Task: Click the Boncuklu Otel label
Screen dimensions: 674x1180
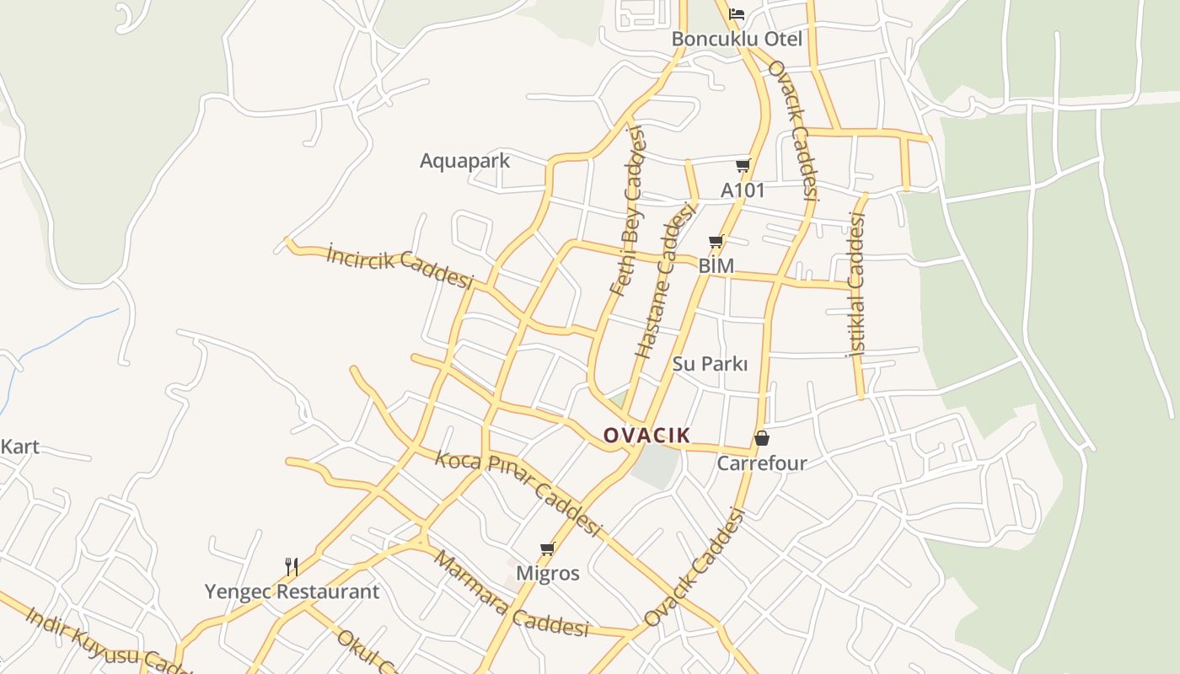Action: click(737, 39)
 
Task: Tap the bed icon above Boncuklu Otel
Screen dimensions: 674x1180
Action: click(737, 13)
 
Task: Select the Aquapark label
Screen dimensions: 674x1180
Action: click(464, 160)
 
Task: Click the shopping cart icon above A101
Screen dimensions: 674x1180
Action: click(743, 165)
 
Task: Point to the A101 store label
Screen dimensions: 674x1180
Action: click(743, 190)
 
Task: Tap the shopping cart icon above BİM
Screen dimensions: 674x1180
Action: click(716, 242)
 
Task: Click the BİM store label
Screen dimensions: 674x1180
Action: click(716, 266)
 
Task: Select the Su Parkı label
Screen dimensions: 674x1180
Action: click(710, 364)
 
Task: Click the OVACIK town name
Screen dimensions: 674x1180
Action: click(646, 436)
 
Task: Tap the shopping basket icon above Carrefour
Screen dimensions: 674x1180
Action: click(762, 438)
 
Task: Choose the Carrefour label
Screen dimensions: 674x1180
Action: click(762, 463)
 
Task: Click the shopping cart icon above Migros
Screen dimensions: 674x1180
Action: click(548, 549)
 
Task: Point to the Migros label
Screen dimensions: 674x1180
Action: click(548, 574)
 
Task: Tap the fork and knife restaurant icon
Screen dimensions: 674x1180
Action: click(292, 566)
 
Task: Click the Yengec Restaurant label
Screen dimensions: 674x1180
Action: click(292, 591)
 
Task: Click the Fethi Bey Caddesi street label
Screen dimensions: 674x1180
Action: click(628, 211)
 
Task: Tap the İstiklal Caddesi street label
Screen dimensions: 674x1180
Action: click(856, 285)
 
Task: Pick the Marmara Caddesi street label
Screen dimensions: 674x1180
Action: click(511, 595)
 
